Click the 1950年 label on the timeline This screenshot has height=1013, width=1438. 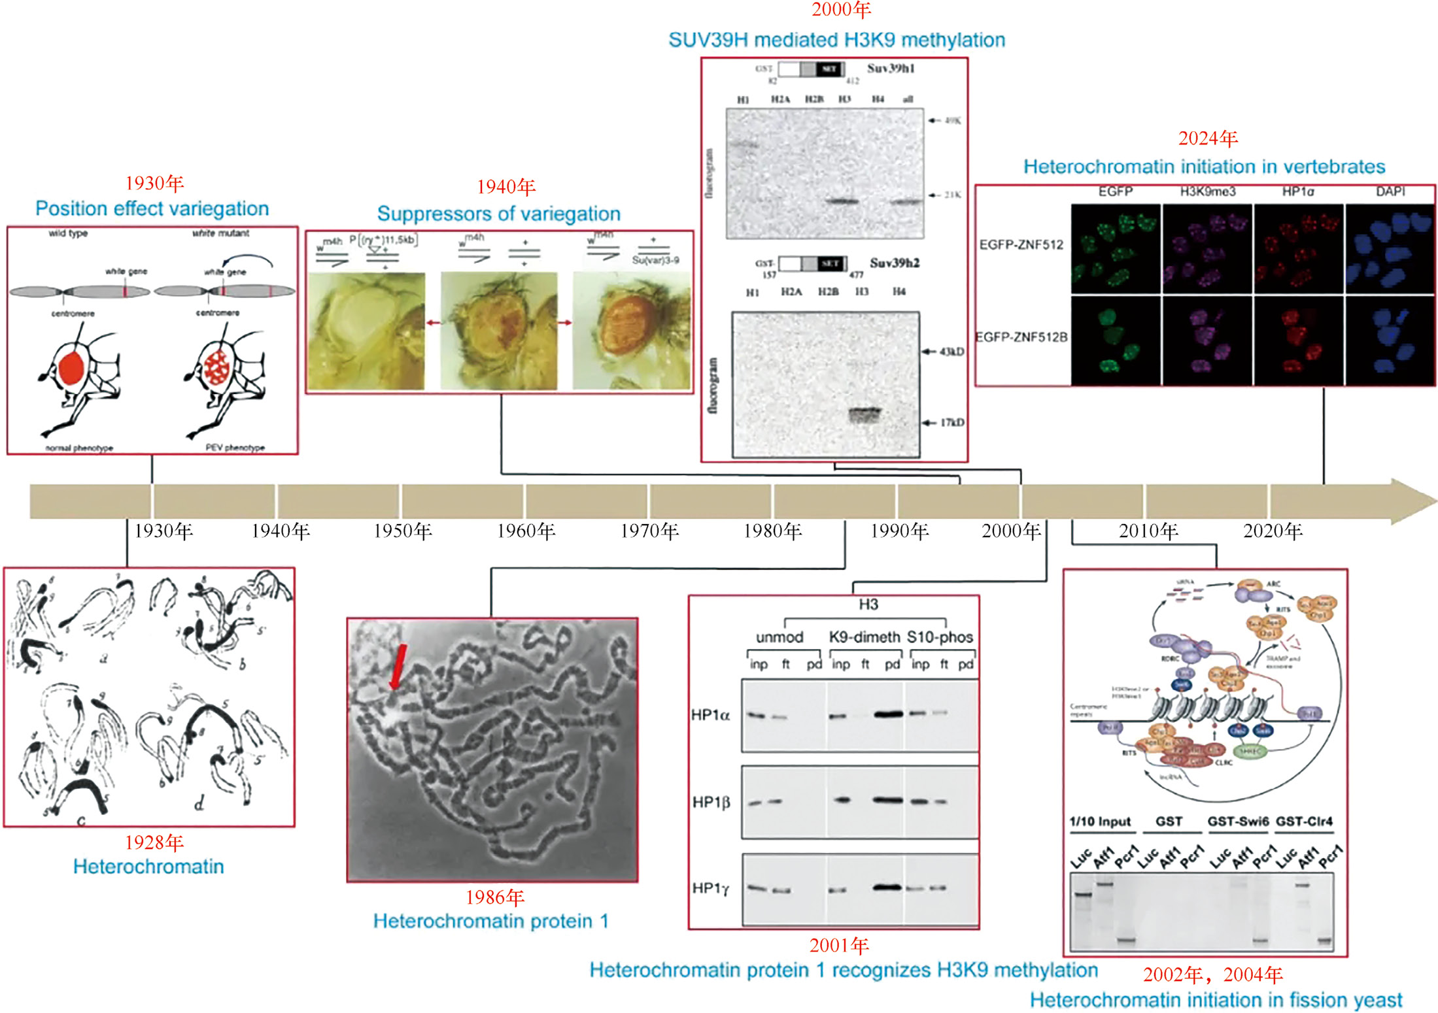tap(403, 531)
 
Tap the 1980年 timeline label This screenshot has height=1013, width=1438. tap(772, 531)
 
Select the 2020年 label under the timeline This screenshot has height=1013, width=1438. tap(1273, 531)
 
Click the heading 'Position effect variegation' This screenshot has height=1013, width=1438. tap(152, 208)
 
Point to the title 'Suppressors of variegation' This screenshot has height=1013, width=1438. tap(498, 214)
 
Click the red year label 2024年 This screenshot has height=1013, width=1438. tap(1208, 139)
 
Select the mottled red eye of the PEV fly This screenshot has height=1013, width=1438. tap(216, 368)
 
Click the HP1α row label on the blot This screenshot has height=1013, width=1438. tap(710, 715)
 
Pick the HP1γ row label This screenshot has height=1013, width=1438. tap(710, 888)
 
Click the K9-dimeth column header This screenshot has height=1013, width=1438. tap(864, 637)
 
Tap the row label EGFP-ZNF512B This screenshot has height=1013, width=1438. tap(1021, 337)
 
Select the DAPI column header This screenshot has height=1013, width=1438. tap(1390, 191)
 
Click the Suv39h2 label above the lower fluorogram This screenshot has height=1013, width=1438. tap(894, 263)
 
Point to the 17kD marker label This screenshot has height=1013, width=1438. tap(951, 423)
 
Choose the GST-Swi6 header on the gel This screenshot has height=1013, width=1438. tap(1237, 822)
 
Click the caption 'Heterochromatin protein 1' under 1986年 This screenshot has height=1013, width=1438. tap(490, 922)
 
